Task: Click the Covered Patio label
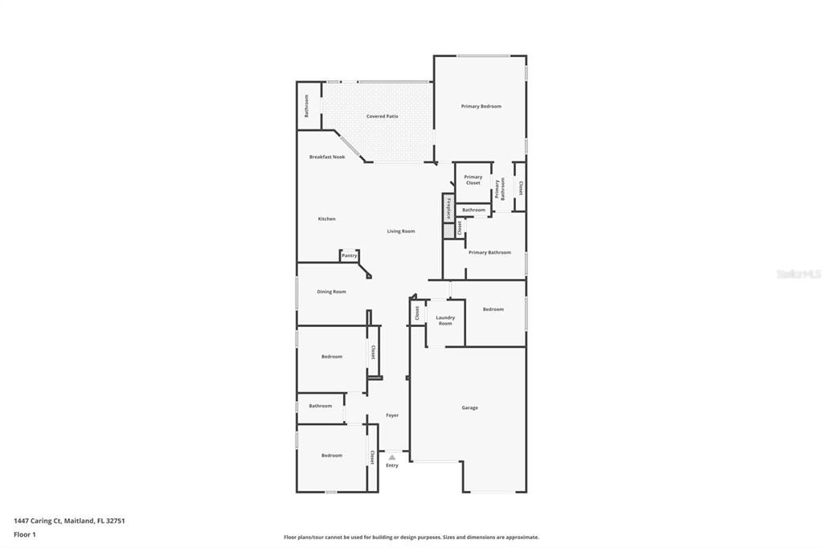click(x=382, y=117)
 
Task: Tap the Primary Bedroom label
click(x=481, y=106)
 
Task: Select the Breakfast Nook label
click(x=327, y=157)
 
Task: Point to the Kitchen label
click(x=326, y=219)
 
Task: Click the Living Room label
click(x=401, y=231)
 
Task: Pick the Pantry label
click(x=349, y=256)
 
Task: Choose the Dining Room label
click(x=331, y=292)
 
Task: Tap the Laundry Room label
click(x=445, y=320)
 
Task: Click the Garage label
click(x=469, y=407)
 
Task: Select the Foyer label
click(x=392, y=415)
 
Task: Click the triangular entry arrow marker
click(x=392, y=457)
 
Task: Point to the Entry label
click(x=392, y=465)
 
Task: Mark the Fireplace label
click(x=448, y=208)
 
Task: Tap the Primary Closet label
click(x=473, y=180)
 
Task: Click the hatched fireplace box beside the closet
click(x=448, y=231)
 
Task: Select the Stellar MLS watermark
click(x=798, y=274)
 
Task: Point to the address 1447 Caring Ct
click(x=37, y=521)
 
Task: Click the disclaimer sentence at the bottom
click(x=411, y=537)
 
